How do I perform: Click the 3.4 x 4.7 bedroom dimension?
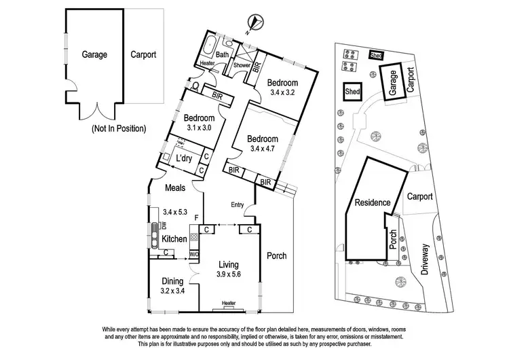pos(264,147)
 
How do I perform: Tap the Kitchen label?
pos(174,239)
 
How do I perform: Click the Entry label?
pos(237,204)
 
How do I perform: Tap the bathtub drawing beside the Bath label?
pos(206,50)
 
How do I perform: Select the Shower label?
pos(242,65)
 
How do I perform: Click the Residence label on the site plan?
pos(371,202)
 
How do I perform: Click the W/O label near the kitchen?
pos(193,255)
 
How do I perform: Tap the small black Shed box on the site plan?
pos(376,56)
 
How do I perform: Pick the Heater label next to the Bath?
pos(207,64)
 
